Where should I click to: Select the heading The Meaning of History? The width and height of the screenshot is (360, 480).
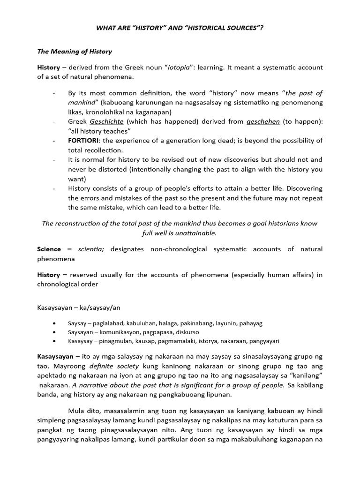(x=75, y=51)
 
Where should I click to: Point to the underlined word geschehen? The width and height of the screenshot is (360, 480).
(x=263, y=121)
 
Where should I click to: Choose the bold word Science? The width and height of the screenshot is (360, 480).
(x=49, y=249)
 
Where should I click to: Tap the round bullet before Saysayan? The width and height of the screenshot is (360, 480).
(x=56, y=332)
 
